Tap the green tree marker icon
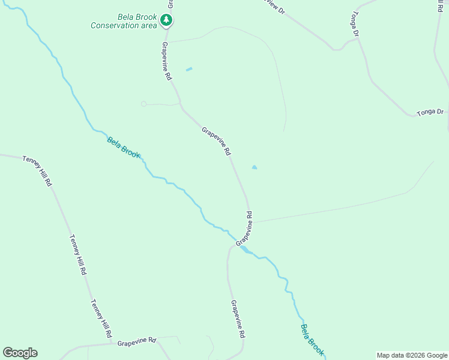(166, 20)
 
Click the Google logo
(20, 353)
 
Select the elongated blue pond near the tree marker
(189, 70)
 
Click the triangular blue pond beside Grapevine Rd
(254, 167)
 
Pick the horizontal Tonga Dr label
(431, 112)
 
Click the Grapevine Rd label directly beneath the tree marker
(167, 61)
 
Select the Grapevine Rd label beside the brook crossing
(244, 228)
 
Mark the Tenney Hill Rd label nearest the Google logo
(101, 318)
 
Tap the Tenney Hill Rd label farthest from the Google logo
(37, 170)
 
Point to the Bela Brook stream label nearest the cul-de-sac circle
(124, 148)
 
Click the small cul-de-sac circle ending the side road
(143, 104)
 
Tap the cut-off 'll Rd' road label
(441, 4)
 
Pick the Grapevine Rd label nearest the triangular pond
(216, 141)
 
